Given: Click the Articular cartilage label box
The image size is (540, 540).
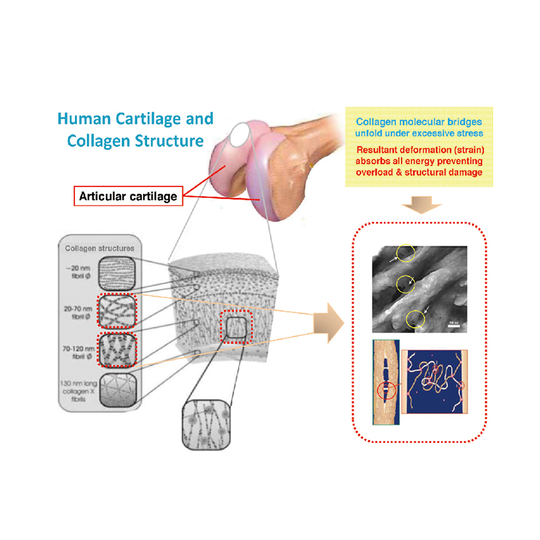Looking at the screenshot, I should tap(128, 196).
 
